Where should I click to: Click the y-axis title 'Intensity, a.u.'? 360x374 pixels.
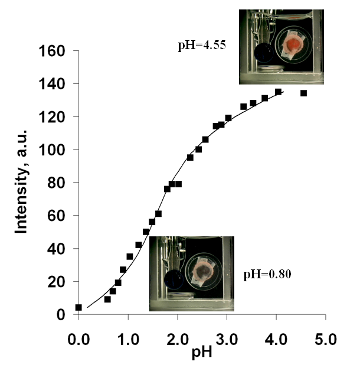22,183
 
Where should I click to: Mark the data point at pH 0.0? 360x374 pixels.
78,307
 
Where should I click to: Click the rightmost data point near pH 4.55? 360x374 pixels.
303,93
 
